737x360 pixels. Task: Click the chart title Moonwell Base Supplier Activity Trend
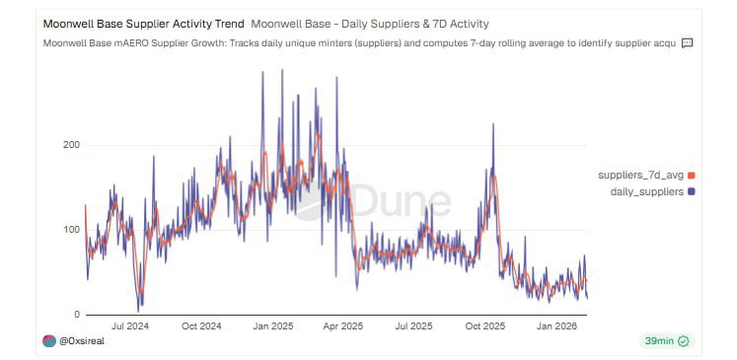click(x=144, y=23)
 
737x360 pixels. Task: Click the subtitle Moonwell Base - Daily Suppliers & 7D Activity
click(x=370, y=23)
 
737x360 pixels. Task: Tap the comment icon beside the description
click(x=688, y=43)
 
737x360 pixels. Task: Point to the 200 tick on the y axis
click(x=70, y=145)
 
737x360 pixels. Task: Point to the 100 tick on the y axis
click(x=70, y=230)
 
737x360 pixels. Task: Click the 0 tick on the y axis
click(x=76, y=315)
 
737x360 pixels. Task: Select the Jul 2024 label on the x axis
click(x=130, y=326)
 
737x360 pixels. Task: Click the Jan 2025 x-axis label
click(x=272, y=326)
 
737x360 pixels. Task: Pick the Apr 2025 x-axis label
click(x=343, y=326)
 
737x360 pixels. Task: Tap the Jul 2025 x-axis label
click(x=413, y=326)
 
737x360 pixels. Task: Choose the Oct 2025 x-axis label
click(x=485, y=326)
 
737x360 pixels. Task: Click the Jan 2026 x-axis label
click(x=556, y=326)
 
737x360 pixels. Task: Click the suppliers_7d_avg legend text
click(x=640, y=175)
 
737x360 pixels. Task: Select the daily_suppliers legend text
click(x=647, y=191)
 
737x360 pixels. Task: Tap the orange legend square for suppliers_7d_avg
click(x=691, y=176)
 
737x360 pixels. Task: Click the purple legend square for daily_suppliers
click(x=691, y=191)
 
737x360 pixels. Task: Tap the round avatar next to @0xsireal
click(x=50, y=341)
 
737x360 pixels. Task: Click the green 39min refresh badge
click(x=666, y=341)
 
